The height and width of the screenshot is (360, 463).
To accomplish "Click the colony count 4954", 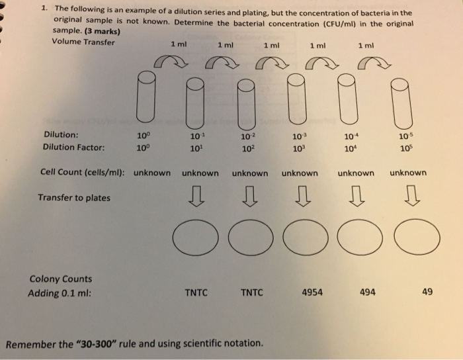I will pyautogui.click(x=312, y=292).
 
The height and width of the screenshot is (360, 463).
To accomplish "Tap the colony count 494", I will pyautogui.click(x=368, y=292).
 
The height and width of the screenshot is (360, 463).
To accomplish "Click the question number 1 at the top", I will pyautogui.click(x=42, y=9).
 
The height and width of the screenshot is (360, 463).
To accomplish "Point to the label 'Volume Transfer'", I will pyautogui.click(x=83, y=42).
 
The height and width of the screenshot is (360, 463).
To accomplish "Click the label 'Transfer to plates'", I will pyautogui.click(x=74, y=197).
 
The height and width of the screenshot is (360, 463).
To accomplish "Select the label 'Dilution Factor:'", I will pyautogui.click(x=74, y=148).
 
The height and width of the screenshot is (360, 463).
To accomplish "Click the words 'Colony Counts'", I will pyautogui.click(x=61, y=279).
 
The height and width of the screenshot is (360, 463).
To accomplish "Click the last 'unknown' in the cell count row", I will pyautogui.click(x=408, y=173).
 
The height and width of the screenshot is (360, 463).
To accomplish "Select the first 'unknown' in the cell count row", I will pyautogui.click(x=152, y=173).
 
